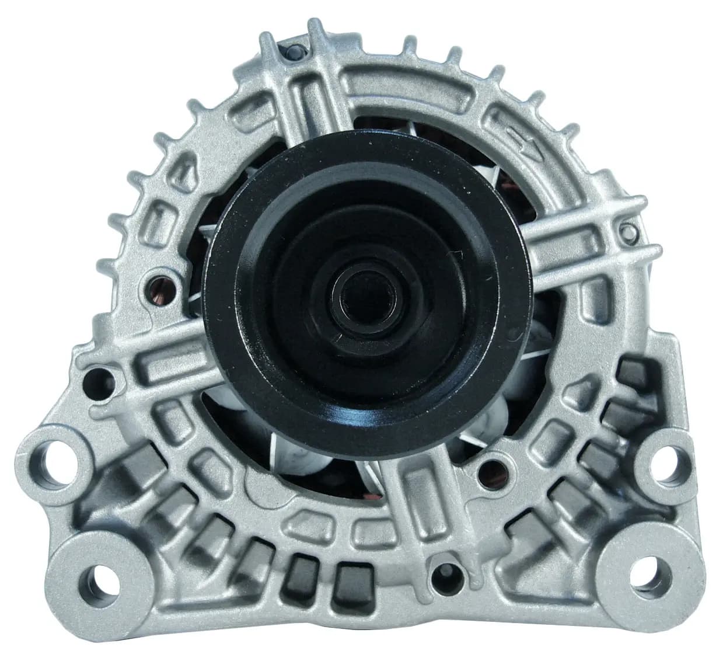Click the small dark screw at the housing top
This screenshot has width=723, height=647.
[292, 53]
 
